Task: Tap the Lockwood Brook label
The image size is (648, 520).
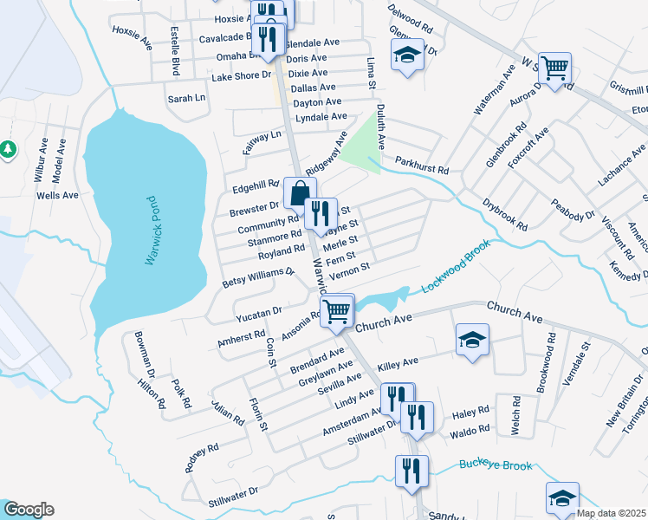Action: tap(457, 265)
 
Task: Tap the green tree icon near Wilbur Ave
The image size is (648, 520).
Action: tap(9, 150)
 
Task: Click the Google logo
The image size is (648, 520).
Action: tap(28, 510)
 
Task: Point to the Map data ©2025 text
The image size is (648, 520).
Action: tap(611, 513)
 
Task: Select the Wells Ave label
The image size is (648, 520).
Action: tap(57, 195)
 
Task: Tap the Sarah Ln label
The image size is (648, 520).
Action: tap(186, 99)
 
